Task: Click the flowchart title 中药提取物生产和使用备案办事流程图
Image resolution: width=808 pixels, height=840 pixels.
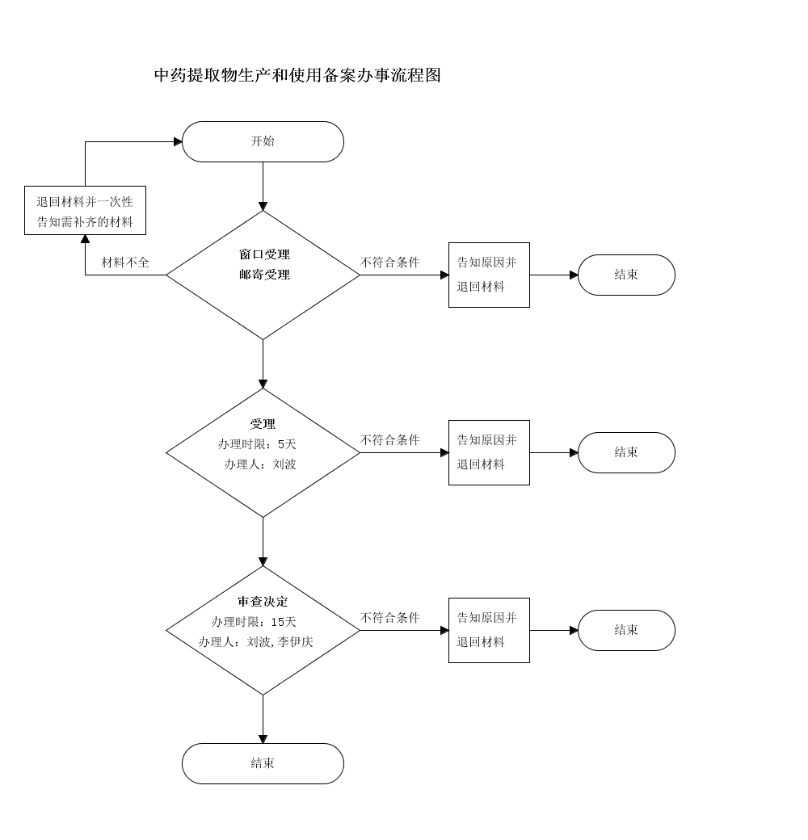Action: pos(297,75)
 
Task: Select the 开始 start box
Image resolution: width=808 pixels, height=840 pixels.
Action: pos(263,141)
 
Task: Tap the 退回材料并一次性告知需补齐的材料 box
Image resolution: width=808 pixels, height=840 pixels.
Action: pos(85,211)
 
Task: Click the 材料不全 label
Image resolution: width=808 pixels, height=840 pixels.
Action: pos(125,262)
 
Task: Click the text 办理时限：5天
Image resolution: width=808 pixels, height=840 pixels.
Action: pos(257,444)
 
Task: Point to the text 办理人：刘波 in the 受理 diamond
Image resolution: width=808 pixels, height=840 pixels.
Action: pos(260,464)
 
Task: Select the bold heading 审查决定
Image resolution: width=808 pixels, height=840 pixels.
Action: pos(263,602)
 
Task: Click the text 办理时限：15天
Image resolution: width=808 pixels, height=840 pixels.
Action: pos(254,622)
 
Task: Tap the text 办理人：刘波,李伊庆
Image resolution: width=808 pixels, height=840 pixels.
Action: pos(256,642)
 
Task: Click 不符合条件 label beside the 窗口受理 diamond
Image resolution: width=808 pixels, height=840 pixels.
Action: pos(390,262)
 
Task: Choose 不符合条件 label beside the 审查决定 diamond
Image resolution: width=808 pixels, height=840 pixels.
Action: pos(390,618)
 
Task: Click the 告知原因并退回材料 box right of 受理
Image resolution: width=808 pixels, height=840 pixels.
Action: pos(489,452)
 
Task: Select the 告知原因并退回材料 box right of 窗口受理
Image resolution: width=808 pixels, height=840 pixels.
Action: pos(489,275)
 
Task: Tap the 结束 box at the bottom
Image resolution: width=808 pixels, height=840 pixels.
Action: pos(263,763)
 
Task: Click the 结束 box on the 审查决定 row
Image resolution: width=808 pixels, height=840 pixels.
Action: pos(626,630)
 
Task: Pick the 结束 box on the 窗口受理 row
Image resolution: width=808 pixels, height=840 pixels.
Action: pos(626,275)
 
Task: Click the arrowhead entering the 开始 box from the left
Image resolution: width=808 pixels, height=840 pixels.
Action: pos(178,141)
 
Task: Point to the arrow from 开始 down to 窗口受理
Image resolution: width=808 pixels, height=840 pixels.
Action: pos(263,186)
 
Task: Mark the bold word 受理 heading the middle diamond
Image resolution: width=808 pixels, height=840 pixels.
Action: pos(263,424)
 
